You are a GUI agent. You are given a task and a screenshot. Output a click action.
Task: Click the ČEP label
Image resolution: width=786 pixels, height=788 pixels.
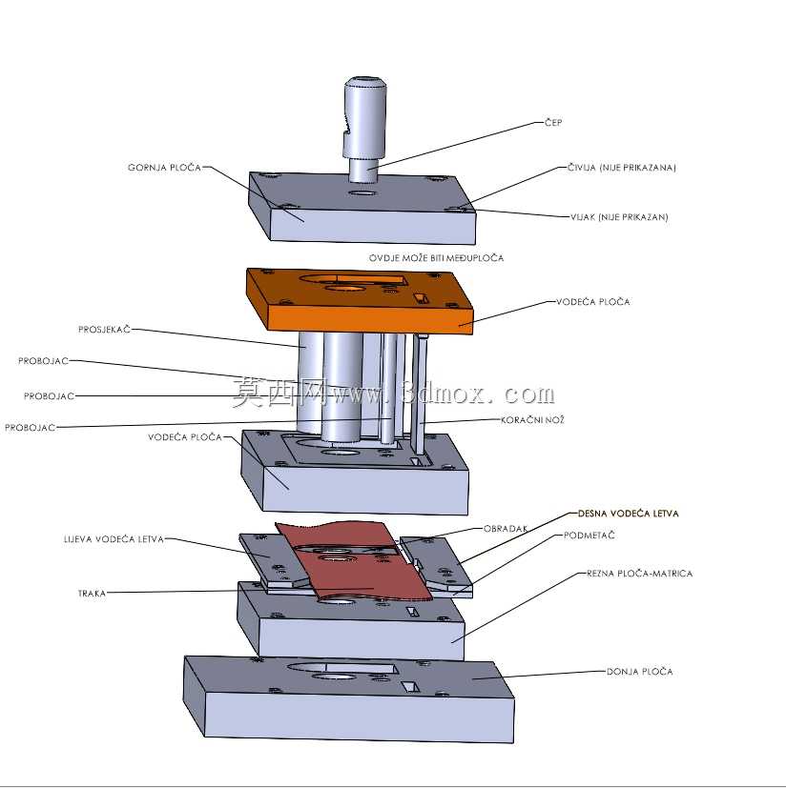click(553, 122)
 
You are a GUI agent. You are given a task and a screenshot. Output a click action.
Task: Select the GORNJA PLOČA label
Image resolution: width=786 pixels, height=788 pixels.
click(165, 168)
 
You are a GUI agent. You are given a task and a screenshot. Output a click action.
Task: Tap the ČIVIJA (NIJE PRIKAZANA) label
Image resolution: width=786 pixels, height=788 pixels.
click(621, 168)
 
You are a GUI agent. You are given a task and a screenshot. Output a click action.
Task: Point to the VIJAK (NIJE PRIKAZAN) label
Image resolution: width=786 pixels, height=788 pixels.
click(619, 217)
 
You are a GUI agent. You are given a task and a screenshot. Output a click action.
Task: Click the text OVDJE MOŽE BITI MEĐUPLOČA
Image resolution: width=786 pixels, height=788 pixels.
click(436, 258)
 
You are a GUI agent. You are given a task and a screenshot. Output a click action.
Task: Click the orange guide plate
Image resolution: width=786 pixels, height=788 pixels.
click(360, 301)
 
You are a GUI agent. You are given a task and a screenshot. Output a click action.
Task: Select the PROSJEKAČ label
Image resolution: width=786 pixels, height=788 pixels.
click(104, 329)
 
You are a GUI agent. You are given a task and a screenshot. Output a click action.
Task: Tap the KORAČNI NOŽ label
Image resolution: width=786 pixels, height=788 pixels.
click(532, 419)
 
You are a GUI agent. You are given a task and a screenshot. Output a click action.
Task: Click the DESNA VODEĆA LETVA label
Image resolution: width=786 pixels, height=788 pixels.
click(628, 513)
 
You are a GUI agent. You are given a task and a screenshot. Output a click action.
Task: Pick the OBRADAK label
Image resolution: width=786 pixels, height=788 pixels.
click(506, 529)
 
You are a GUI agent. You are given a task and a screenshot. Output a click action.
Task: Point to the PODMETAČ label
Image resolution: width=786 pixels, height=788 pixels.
click(589, 535)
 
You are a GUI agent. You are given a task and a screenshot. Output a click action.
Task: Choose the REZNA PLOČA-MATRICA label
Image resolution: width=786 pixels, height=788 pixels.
click(639, 574)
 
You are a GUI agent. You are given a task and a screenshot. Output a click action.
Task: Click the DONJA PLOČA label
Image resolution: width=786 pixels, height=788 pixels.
click(639, 672)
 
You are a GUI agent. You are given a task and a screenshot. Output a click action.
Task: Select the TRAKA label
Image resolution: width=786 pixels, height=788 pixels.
click(93, 594)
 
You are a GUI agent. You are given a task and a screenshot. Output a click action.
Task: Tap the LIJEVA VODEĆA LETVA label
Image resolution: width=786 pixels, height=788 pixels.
click(114, 539)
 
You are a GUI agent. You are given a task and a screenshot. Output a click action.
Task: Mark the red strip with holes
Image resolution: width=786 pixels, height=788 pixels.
click(352, 563)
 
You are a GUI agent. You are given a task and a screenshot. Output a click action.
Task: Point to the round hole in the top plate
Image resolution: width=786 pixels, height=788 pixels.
click(362, 193)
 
